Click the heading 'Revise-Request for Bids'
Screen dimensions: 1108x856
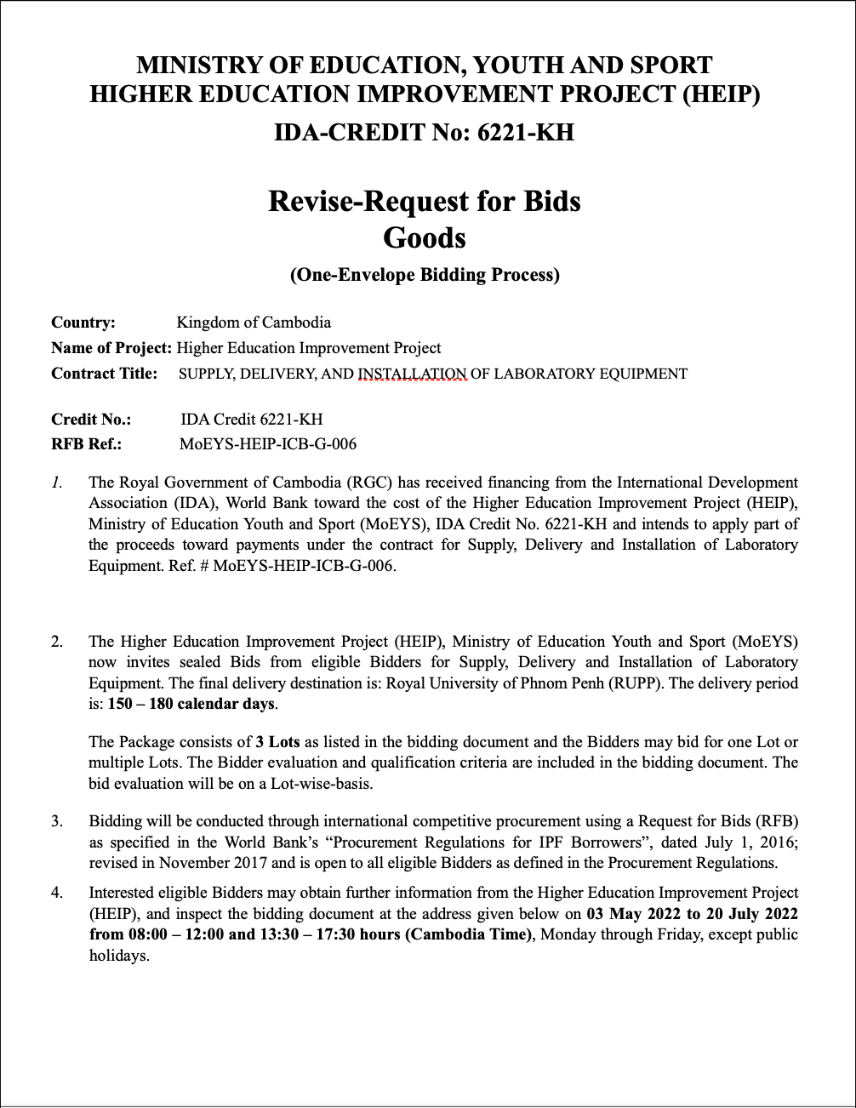424,201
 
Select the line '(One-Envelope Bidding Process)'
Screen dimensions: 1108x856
424,275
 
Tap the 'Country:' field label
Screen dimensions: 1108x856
83,323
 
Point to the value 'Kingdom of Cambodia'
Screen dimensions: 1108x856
254,323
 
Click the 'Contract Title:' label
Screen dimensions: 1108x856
105,373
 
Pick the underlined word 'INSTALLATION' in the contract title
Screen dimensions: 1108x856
413,374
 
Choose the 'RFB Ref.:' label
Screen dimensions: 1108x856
86,443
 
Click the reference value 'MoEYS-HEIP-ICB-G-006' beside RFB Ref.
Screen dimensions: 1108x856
268,443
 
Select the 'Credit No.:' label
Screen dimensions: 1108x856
91,419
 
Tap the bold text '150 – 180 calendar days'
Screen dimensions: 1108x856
191,704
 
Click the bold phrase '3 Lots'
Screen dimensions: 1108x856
277,742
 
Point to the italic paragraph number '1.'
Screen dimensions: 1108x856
56,483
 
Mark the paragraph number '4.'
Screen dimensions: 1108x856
57,893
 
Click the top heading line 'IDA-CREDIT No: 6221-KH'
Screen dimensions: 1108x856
424,133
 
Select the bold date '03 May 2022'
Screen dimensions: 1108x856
631,914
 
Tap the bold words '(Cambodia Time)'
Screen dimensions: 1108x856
468,934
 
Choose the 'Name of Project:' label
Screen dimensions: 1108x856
111,347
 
